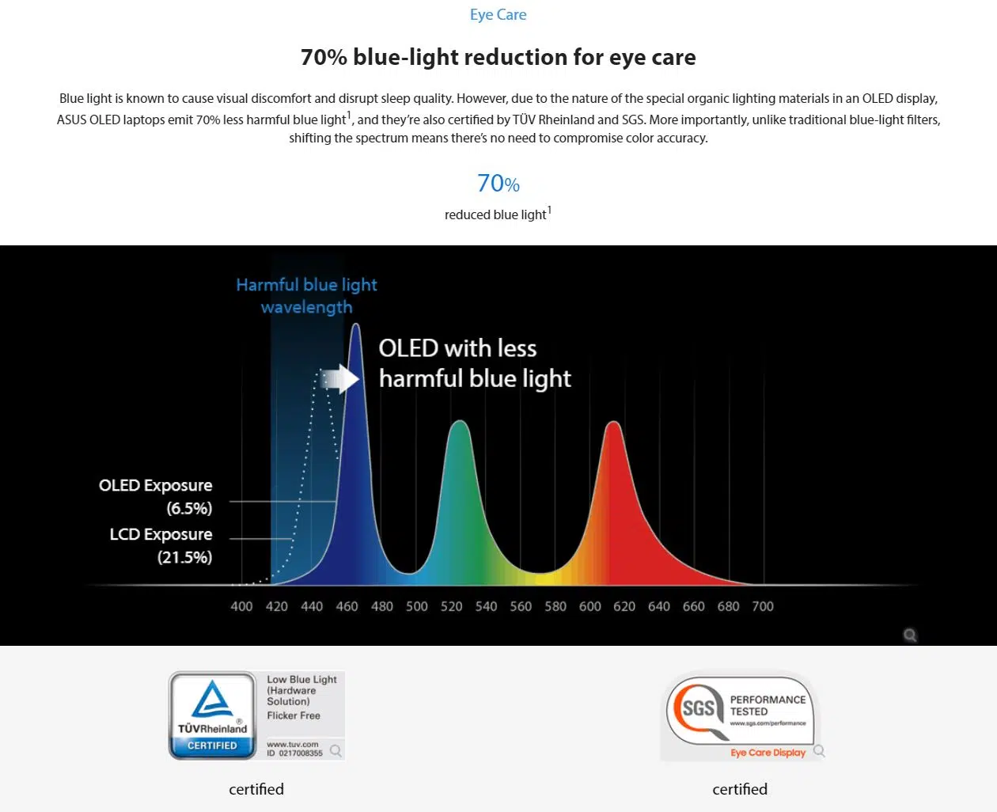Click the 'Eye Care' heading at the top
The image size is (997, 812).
coord(498,14)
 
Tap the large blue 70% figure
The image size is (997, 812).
coord(498,183)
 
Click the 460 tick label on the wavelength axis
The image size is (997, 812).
coord(347,606)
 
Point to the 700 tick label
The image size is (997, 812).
coord(763,606)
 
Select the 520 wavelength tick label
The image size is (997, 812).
coord(451,606)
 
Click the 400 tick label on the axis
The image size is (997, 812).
coord(241,606)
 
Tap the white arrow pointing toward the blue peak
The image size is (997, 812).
coord(339,378)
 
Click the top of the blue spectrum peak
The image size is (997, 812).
coord(356,324)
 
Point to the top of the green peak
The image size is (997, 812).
coord(460,421)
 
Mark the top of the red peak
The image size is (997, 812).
coord(613,422)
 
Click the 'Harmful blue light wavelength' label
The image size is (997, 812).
coord(306,296)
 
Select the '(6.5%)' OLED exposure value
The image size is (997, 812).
coord(190,508)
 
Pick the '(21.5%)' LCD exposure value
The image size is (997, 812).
coord(185,557)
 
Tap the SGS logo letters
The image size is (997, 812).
coord(699,708)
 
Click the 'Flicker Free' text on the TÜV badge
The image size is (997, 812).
coord(294,715)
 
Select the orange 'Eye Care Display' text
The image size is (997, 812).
coord(768,753)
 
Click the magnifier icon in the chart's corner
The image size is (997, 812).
coord(910,635)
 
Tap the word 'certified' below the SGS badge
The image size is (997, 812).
coord(740,789)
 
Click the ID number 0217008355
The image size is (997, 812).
coord(301,753)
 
